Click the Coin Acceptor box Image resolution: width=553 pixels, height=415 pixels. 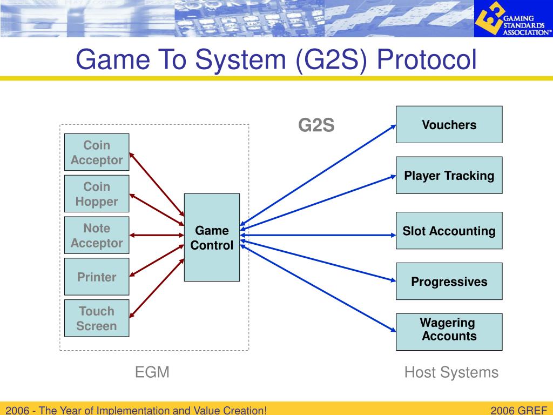point(97,152)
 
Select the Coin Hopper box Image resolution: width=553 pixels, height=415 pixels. point(97,194)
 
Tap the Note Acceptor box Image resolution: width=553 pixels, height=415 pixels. point(97,236)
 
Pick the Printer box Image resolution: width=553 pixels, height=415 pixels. point(97,277)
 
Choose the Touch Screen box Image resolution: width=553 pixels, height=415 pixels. point(97,318)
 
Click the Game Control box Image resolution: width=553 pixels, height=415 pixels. point(212,238)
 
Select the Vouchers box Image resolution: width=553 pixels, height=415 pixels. point(449,125)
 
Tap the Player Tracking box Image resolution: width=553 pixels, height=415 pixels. point(449,176)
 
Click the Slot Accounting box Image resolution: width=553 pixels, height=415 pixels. point(449,231)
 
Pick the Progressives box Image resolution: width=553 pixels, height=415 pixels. point(449,282)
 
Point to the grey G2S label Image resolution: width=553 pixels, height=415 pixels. point(316,125)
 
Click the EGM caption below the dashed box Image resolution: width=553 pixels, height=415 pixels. point(152,372)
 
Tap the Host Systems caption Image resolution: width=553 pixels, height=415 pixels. point(451,372)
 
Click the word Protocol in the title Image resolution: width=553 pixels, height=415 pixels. point(428,59)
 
